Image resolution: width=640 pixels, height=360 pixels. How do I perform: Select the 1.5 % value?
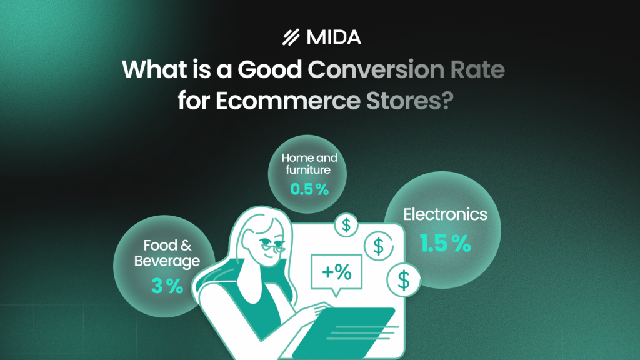coord(445,244)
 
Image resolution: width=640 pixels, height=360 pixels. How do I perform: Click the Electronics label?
coord(445,214)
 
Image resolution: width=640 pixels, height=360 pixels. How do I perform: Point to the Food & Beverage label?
coord(167,252)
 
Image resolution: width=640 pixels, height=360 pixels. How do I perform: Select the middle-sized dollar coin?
coord(377,246)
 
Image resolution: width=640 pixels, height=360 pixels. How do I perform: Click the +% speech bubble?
coord(336,272)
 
